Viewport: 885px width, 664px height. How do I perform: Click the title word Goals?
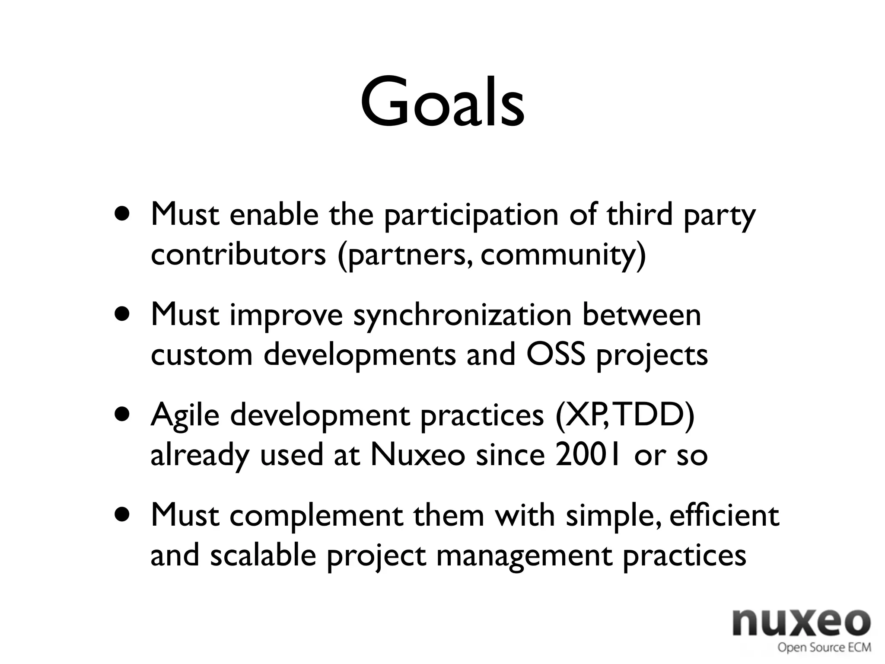[x=442, y=103]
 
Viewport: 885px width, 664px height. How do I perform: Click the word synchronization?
[x=462, y=316]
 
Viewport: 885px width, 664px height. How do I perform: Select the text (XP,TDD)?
[x=625, y=415]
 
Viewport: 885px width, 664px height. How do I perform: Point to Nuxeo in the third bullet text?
[x=417, y=455]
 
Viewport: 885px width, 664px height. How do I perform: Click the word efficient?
[x=724, y=515]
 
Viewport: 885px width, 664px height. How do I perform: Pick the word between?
[x=641, y=316]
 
